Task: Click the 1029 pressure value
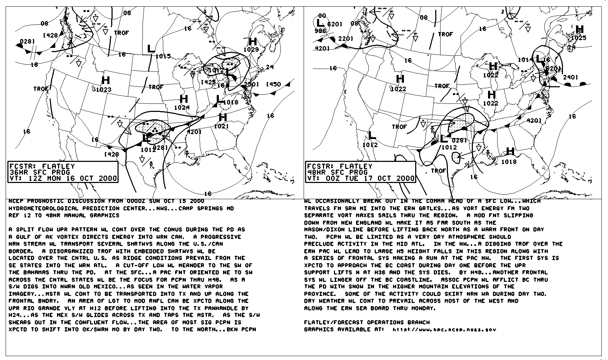point(251,50)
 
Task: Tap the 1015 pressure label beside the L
point(163,56)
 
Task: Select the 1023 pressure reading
point(103,89)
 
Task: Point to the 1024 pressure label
point(182,107)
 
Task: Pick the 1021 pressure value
point(221,126)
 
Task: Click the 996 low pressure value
point(320,31)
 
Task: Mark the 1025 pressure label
point(579,38)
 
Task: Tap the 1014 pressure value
point(525,60)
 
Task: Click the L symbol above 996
point(320,23)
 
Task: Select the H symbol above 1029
point(253,42)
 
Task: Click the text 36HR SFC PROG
point(40,172)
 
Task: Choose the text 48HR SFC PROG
point(337,172)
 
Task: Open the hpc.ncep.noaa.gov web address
point(444,330)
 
